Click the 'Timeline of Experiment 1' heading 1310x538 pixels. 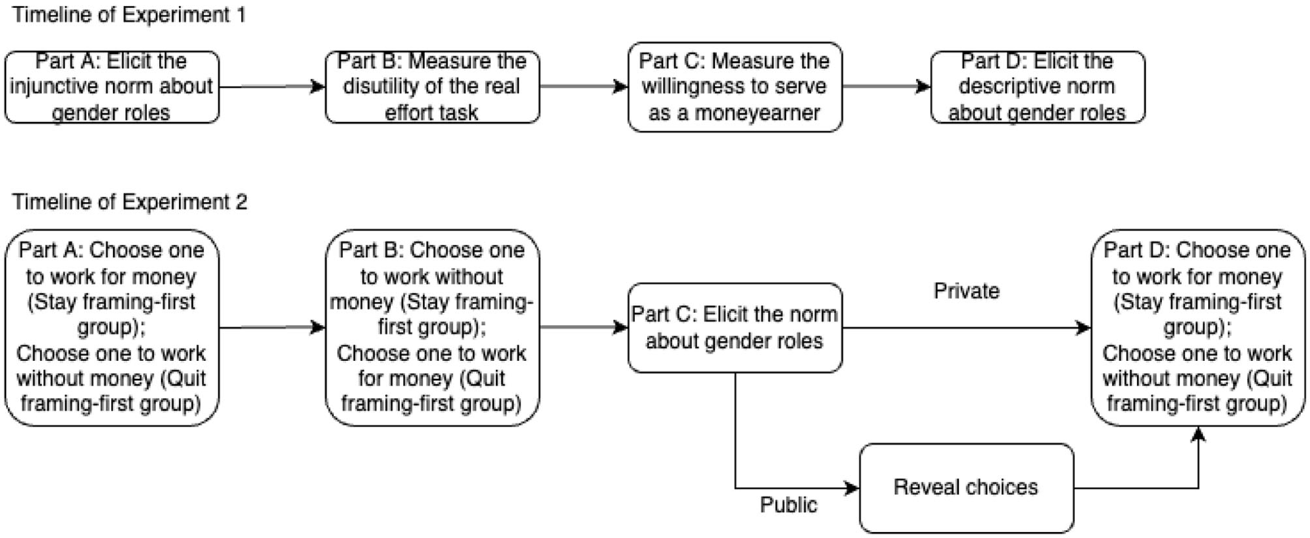pos(129,15)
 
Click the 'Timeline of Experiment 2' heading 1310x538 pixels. pos(129,202)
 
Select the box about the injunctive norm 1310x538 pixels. pos(112,87)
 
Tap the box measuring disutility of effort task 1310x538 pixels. pos(432,87)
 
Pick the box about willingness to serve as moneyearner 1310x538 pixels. pos(734,87)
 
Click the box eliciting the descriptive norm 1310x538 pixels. pos(1036,87)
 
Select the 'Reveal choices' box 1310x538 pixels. pos(965,488)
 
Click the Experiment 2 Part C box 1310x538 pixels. pos(734,328)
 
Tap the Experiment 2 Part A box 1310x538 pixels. pos(112,327)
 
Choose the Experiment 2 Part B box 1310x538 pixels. pos(432,327)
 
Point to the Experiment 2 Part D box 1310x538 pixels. pos(1198,327)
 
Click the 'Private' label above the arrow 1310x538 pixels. pos(965,291)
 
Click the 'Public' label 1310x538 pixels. pos(788,505)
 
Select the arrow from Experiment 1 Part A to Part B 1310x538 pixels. pos(272,87)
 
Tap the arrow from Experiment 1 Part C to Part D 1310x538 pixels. pos(886,87)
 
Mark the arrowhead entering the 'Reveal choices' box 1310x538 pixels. pos(852,488)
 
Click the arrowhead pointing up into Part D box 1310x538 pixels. pos(1198,434)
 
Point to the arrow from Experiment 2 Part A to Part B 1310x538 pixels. pos(272,327)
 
